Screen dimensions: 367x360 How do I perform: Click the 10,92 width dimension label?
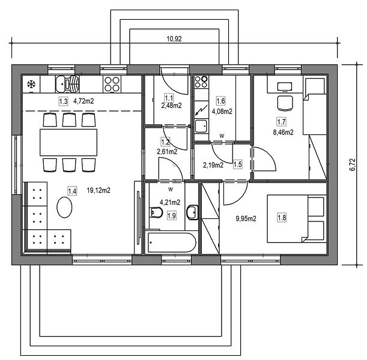pos(174,39)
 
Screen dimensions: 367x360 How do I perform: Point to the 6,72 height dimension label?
pos(353,164)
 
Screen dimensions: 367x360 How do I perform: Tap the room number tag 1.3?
pos(63,101)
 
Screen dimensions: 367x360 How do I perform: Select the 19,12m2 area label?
pos(99,190)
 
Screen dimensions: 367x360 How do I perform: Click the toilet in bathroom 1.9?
pos(156,212)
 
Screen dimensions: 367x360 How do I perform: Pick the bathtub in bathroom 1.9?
pos(172,242)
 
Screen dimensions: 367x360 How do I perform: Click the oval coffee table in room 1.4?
pos(64,207)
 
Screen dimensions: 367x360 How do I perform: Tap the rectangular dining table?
pos(68,142)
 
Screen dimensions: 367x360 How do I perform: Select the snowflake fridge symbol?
pos(31,84)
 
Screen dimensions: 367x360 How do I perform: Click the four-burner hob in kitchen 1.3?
pos(112,84)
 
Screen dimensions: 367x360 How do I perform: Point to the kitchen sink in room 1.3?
pos(67,84)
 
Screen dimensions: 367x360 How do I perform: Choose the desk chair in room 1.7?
pos(285,103)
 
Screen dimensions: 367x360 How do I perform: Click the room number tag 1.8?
pos(282,218)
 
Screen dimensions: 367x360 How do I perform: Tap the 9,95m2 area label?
pos(246,218)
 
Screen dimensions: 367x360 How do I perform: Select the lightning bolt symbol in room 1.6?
pos(201,110)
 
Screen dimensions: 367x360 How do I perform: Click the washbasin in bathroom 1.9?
pos(192,212)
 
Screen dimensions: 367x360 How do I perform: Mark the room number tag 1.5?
pos(238,164)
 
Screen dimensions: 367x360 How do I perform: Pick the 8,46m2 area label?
pos(283,133)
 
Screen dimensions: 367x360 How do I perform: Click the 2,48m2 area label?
pos(171,106)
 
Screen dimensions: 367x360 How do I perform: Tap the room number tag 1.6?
pos(220,101)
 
